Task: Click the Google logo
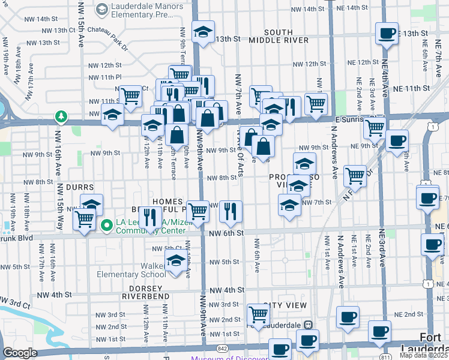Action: [x=20, y=353]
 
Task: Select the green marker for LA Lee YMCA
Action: [x=107, y=226]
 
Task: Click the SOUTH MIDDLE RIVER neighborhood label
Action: [x=279, y=35]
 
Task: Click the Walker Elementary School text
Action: [x=131, y=270]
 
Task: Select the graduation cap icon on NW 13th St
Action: [x=203, y=32]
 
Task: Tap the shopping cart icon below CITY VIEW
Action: [x=258, y=313]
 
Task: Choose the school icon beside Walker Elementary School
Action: [x=175, y=261]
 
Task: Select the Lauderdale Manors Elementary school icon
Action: [x=102, y=9]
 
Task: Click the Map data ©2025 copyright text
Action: [x=423, y=355]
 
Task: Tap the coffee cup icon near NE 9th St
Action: [x=396, y=141]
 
